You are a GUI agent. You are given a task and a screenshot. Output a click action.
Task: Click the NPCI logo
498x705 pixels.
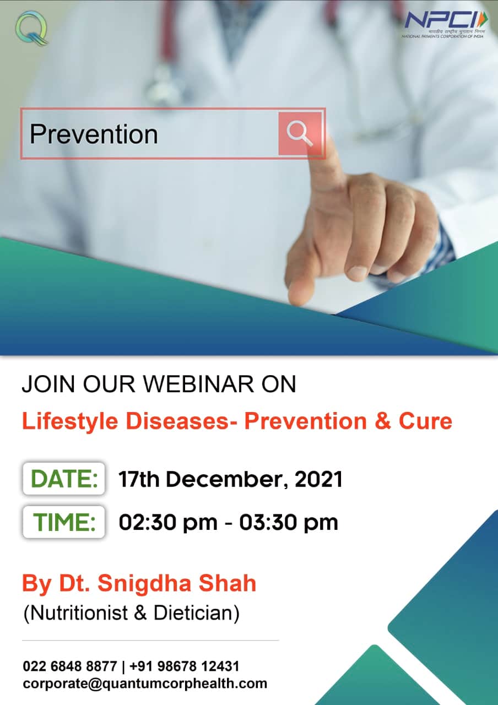(x=445, y=25)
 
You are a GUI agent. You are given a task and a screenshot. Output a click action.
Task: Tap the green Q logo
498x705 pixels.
(x=31, y=28)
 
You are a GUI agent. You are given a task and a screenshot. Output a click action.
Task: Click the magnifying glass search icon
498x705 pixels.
(x=299, y=133)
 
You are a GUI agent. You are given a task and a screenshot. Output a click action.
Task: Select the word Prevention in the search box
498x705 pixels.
(x=94, y=134)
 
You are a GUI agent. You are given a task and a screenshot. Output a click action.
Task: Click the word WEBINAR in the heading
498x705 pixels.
(x=198, y=384)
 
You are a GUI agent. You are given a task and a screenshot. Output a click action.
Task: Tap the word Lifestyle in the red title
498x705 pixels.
(x=70, y=422)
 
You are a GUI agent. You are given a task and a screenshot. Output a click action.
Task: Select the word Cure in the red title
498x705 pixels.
(x=425, y=421)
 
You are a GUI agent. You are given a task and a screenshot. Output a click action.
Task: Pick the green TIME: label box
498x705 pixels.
(x=64, y=522)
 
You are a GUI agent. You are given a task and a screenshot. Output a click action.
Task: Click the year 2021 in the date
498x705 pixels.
(x=318, y=479)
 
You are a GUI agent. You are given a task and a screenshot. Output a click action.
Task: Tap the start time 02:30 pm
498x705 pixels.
(x=168, y=523)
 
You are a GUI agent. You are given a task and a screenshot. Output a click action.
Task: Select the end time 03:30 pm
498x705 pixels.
(x=289, y=523)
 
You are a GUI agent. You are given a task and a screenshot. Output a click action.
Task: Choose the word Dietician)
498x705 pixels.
(x=197, y=613)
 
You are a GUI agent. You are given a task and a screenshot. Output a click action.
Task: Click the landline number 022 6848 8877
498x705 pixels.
(x=70, y=666)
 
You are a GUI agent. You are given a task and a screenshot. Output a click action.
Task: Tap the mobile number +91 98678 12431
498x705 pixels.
(x=184, y=666)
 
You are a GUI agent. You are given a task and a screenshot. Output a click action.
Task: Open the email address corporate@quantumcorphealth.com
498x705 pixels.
(x=145, y=684)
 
